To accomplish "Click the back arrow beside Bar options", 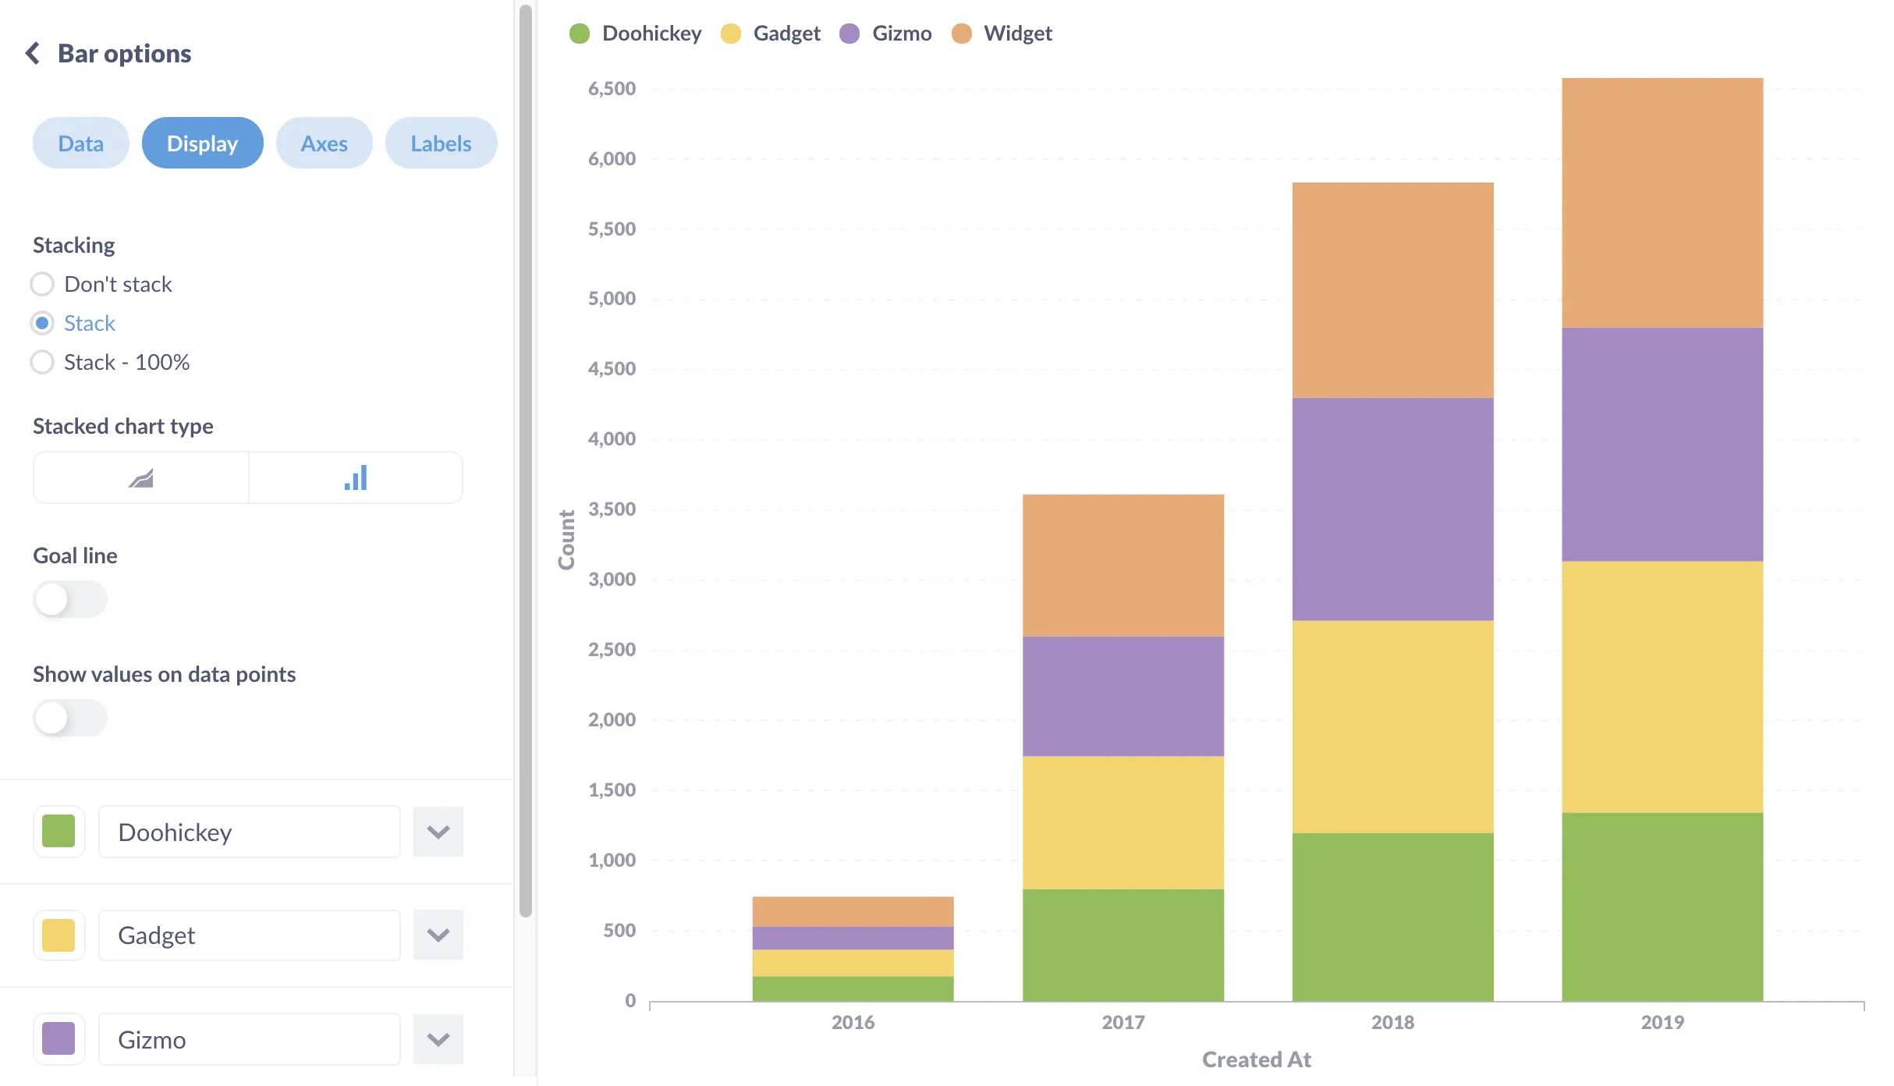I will point(33,53).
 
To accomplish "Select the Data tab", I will point(80,144).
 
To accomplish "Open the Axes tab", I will point(324,144).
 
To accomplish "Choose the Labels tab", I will point(441,144).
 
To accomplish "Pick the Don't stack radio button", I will point(42,284).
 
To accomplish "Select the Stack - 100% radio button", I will point(42,362).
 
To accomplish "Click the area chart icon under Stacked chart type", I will point(141,478).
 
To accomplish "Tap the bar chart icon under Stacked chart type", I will point(356,478).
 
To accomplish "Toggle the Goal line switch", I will point(69,599).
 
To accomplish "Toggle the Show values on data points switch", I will point(69,718).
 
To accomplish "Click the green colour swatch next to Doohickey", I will point(59,832).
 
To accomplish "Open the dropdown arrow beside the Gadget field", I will point(438,935).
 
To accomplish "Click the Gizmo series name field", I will point(249,1039).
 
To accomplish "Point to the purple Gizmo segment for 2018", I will point(1392,509).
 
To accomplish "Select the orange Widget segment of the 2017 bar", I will point(1123,565).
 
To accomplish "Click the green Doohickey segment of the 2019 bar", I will point(1662,907).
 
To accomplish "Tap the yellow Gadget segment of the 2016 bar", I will point(853,963).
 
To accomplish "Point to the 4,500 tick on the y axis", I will point(612,369).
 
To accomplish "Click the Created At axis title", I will point(1256,1059).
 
